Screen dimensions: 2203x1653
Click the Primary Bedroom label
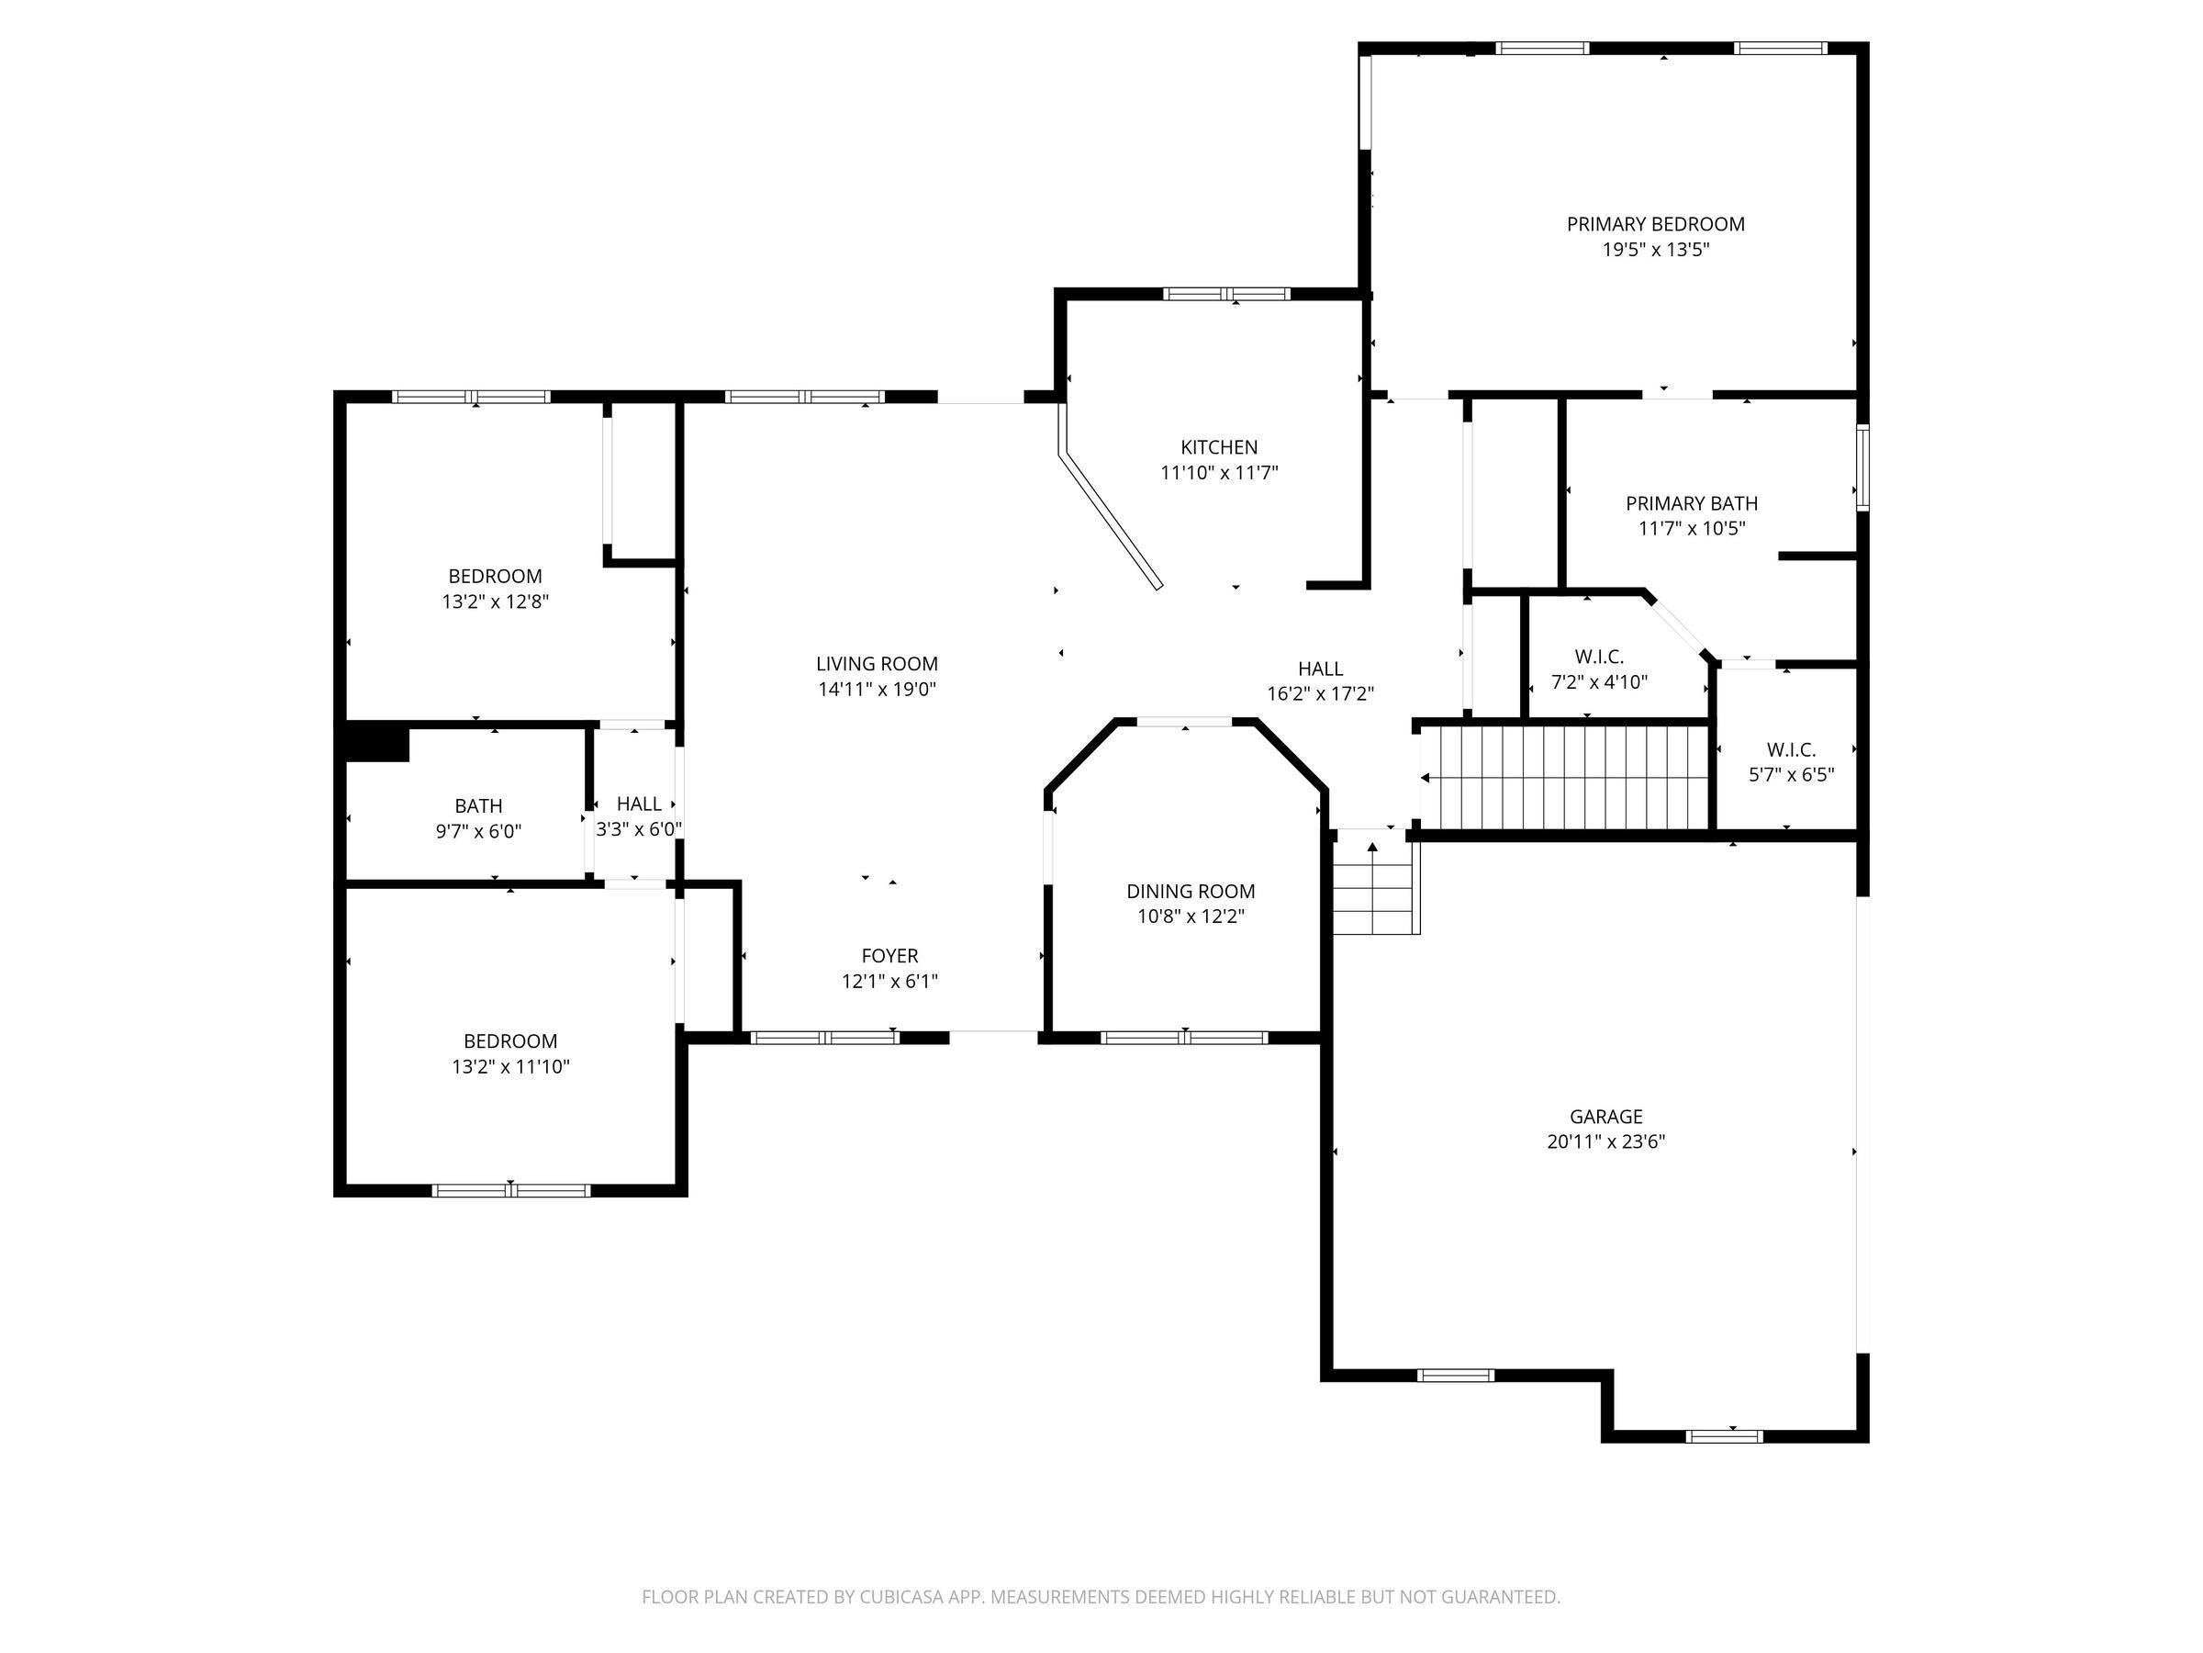1655,224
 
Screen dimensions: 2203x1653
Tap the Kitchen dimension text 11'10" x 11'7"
1219,472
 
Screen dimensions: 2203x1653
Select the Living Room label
877,664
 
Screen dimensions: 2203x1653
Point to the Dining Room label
1191,891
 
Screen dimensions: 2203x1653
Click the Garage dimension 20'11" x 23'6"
1605,1141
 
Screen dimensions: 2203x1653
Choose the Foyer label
889,956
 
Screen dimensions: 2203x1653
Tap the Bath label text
478,805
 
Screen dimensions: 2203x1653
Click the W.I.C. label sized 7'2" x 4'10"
1599,657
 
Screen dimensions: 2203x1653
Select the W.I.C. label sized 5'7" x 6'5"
1792,749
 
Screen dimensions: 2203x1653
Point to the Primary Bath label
1691,503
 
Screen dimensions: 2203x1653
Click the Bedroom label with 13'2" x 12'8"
495,576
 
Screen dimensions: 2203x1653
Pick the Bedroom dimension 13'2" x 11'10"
510,1066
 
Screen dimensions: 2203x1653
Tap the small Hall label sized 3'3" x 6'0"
638,804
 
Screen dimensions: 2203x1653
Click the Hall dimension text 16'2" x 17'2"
1321,693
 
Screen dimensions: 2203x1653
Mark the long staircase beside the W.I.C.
1563,777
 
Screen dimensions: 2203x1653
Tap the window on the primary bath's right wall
1862,467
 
